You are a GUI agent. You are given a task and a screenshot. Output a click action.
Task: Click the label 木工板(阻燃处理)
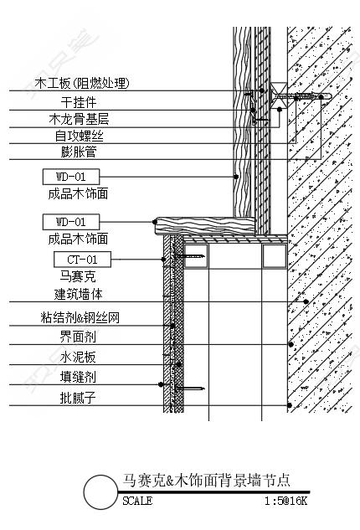click(82, 83)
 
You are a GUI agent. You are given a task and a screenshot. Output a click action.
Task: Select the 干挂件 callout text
click(79, 102)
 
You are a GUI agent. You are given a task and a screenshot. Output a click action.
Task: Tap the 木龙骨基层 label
click(79, 120)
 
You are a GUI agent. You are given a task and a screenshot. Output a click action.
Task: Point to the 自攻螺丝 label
click(79, 136)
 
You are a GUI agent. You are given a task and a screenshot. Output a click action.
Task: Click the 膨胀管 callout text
click(79, 152)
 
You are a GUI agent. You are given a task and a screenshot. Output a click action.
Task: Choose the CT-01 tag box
click(82, 260)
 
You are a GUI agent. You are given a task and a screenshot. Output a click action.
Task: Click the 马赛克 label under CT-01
click(78, 276)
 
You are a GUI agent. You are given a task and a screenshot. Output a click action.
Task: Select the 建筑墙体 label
click(78, 294)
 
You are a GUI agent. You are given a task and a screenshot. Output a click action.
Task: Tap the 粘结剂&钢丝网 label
click(80, 317)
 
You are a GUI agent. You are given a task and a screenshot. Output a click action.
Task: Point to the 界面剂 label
click(78, 337)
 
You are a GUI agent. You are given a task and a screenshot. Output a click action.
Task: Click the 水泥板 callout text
click(78, 357)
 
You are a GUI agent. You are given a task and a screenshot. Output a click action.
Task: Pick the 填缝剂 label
click(78, 377)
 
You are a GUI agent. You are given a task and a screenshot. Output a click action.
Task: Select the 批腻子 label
click(78, 398)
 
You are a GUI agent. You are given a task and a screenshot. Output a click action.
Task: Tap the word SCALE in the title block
click(137, 501)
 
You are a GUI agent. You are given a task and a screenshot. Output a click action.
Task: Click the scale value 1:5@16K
click(285, 501)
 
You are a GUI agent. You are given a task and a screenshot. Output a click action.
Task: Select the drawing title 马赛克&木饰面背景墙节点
click(206, 481)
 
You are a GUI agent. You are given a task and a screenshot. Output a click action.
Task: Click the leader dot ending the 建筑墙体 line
click(306, 301)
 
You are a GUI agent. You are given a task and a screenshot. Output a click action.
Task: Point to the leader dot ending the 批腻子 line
click(290, 405)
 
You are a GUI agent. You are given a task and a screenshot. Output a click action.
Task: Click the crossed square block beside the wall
click(279, 95)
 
